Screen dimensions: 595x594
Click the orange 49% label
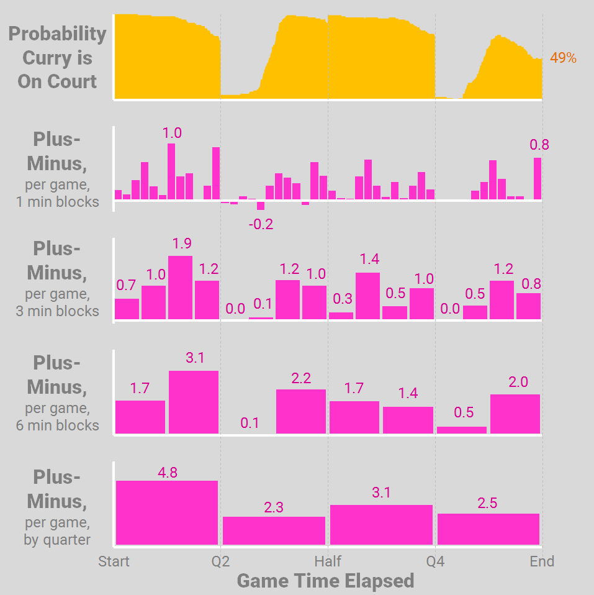pos(563,58)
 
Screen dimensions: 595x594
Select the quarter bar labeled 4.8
pos(167,512)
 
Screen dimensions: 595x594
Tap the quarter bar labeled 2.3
pos(274,530)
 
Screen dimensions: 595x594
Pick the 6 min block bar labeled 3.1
pos(194,402)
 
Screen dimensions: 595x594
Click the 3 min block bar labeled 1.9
pos(180,288)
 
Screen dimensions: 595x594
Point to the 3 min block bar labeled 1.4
pos(367,296)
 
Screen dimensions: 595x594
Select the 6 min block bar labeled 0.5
pos(462,430)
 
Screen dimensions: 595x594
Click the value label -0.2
pos(261,224)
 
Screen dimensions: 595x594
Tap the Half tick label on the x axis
pos(328,561)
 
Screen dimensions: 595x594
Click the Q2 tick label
pos(220,561)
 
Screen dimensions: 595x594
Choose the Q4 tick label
pos(435,561)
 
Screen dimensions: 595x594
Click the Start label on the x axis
pos(114,561)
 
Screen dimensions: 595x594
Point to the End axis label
pos(542,561)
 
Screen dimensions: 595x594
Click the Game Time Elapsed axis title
pos(325,581)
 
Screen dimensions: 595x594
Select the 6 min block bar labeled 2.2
pos(301,411)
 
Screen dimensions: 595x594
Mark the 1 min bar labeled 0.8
pos(538,178)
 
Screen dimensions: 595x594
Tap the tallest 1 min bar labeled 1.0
pos(171,171)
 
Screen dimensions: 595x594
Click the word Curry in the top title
pos(57,58)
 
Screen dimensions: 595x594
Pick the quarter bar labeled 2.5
pos(488,529)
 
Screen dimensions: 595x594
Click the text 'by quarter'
pos(57,540)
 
